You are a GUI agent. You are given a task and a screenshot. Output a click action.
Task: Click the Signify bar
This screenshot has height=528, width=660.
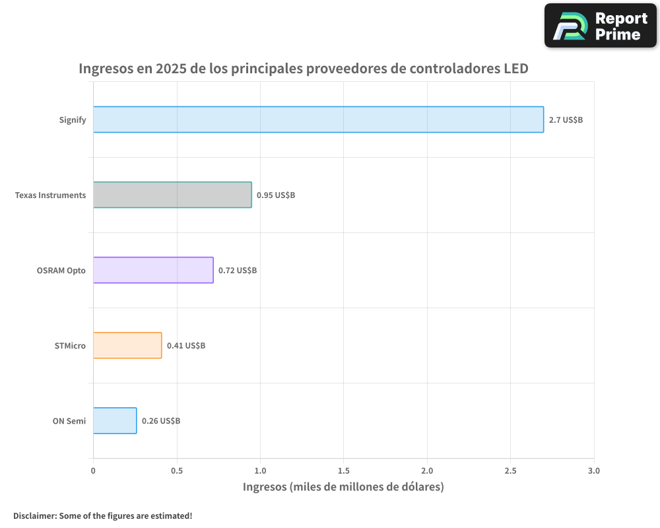coord(318,119)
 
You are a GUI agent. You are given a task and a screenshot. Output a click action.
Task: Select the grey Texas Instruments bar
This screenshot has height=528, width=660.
coord(172,195)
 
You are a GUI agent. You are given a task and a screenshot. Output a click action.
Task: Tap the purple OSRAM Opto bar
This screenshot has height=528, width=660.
coord(153,270)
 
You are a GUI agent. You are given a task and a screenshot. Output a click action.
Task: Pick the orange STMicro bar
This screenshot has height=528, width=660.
coord(127,345)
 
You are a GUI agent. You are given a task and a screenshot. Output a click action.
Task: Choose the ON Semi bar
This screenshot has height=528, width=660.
coord(115,420)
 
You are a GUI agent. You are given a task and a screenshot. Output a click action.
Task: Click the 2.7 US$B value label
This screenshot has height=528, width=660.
coord(566,120)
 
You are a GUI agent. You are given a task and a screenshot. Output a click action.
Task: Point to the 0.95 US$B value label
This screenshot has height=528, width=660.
coord(275,195)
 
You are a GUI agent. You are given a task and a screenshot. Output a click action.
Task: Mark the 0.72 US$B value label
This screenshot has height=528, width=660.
coord(238,271)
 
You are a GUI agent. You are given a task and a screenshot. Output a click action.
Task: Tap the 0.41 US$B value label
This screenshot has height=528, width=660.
coord(185,346)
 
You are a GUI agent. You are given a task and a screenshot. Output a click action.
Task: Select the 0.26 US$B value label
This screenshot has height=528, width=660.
coord(160,421)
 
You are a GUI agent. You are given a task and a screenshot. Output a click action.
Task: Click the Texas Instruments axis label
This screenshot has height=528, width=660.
coord(50,195)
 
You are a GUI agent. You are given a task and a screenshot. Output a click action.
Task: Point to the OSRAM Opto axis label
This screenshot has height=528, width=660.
coord(61,271)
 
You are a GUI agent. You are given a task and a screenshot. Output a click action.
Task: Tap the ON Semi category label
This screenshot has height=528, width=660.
coord(69,421)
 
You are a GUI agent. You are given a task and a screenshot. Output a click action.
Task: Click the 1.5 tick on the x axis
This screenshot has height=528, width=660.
coord(343,471)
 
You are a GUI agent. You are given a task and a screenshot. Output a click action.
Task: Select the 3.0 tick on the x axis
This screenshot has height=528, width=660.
coord(594,471)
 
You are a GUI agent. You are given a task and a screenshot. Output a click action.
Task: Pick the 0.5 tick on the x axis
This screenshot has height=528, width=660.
coord(176,471)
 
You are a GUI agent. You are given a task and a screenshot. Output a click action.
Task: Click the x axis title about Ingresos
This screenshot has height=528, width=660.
coord(343,487)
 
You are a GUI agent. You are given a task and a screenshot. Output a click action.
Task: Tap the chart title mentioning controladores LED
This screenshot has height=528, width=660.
coord(304,69)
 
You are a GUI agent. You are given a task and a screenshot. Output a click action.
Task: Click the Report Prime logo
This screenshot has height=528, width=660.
coord(601,26)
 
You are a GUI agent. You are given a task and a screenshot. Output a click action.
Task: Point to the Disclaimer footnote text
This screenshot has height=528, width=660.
coord(102,515)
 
